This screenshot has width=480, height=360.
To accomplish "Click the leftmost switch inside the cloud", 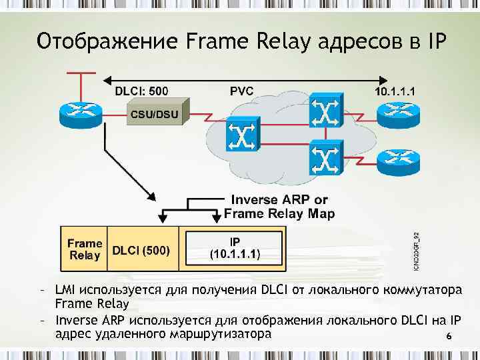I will click(x=240, y=135).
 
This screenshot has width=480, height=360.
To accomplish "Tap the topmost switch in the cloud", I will click(x=325, y=114).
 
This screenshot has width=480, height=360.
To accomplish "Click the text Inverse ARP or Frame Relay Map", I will click(x=279, y=207).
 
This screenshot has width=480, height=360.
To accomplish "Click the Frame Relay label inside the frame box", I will click(x=85, y=249).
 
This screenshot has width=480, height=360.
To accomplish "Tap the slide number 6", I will click(x=449, y=337).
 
